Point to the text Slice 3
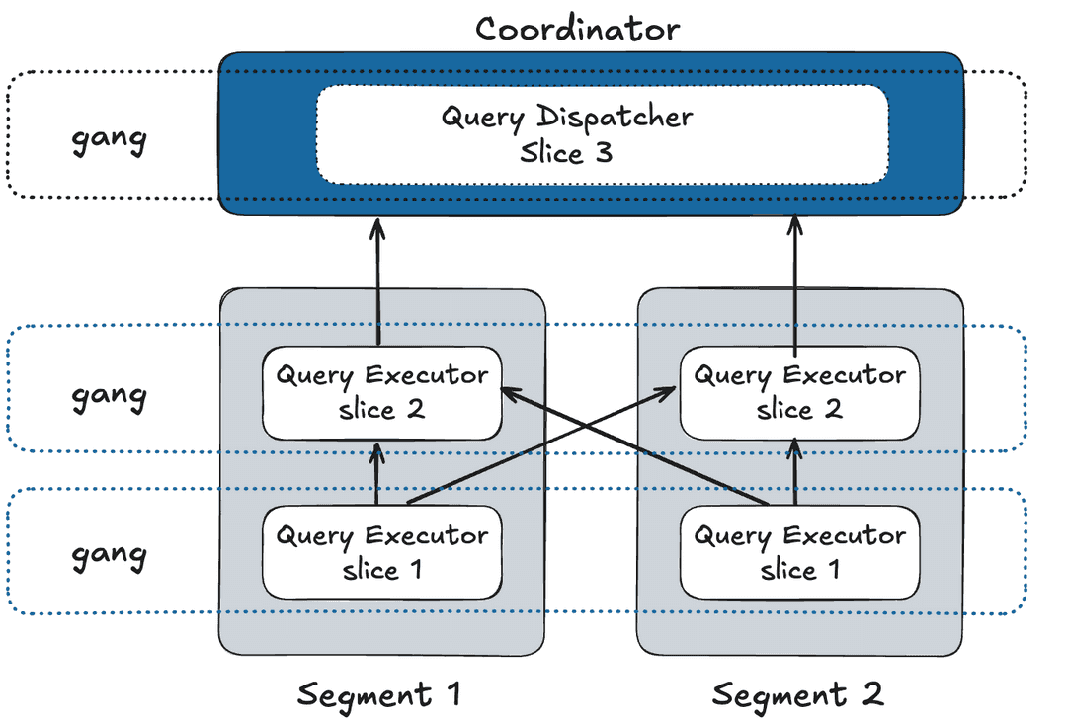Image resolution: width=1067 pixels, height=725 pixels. coord(565,153)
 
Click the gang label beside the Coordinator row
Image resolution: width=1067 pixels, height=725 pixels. coord(109,137)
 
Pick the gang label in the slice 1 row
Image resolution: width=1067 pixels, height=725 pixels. coord(109,554)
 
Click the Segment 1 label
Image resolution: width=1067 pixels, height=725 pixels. coord(379,694)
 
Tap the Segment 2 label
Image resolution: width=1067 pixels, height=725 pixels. coord(797,694)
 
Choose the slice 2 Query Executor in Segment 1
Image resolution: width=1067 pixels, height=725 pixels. coord(381,392)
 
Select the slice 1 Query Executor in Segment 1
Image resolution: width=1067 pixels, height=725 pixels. coord(381,553)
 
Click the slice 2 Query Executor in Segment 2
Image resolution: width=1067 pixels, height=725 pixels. coord(799,392)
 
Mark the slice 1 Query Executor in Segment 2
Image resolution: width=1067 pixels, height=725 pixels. coord(799,553)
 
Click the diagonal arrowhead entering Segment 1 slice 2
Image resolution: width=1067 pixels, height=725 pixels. coord(508,391)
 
